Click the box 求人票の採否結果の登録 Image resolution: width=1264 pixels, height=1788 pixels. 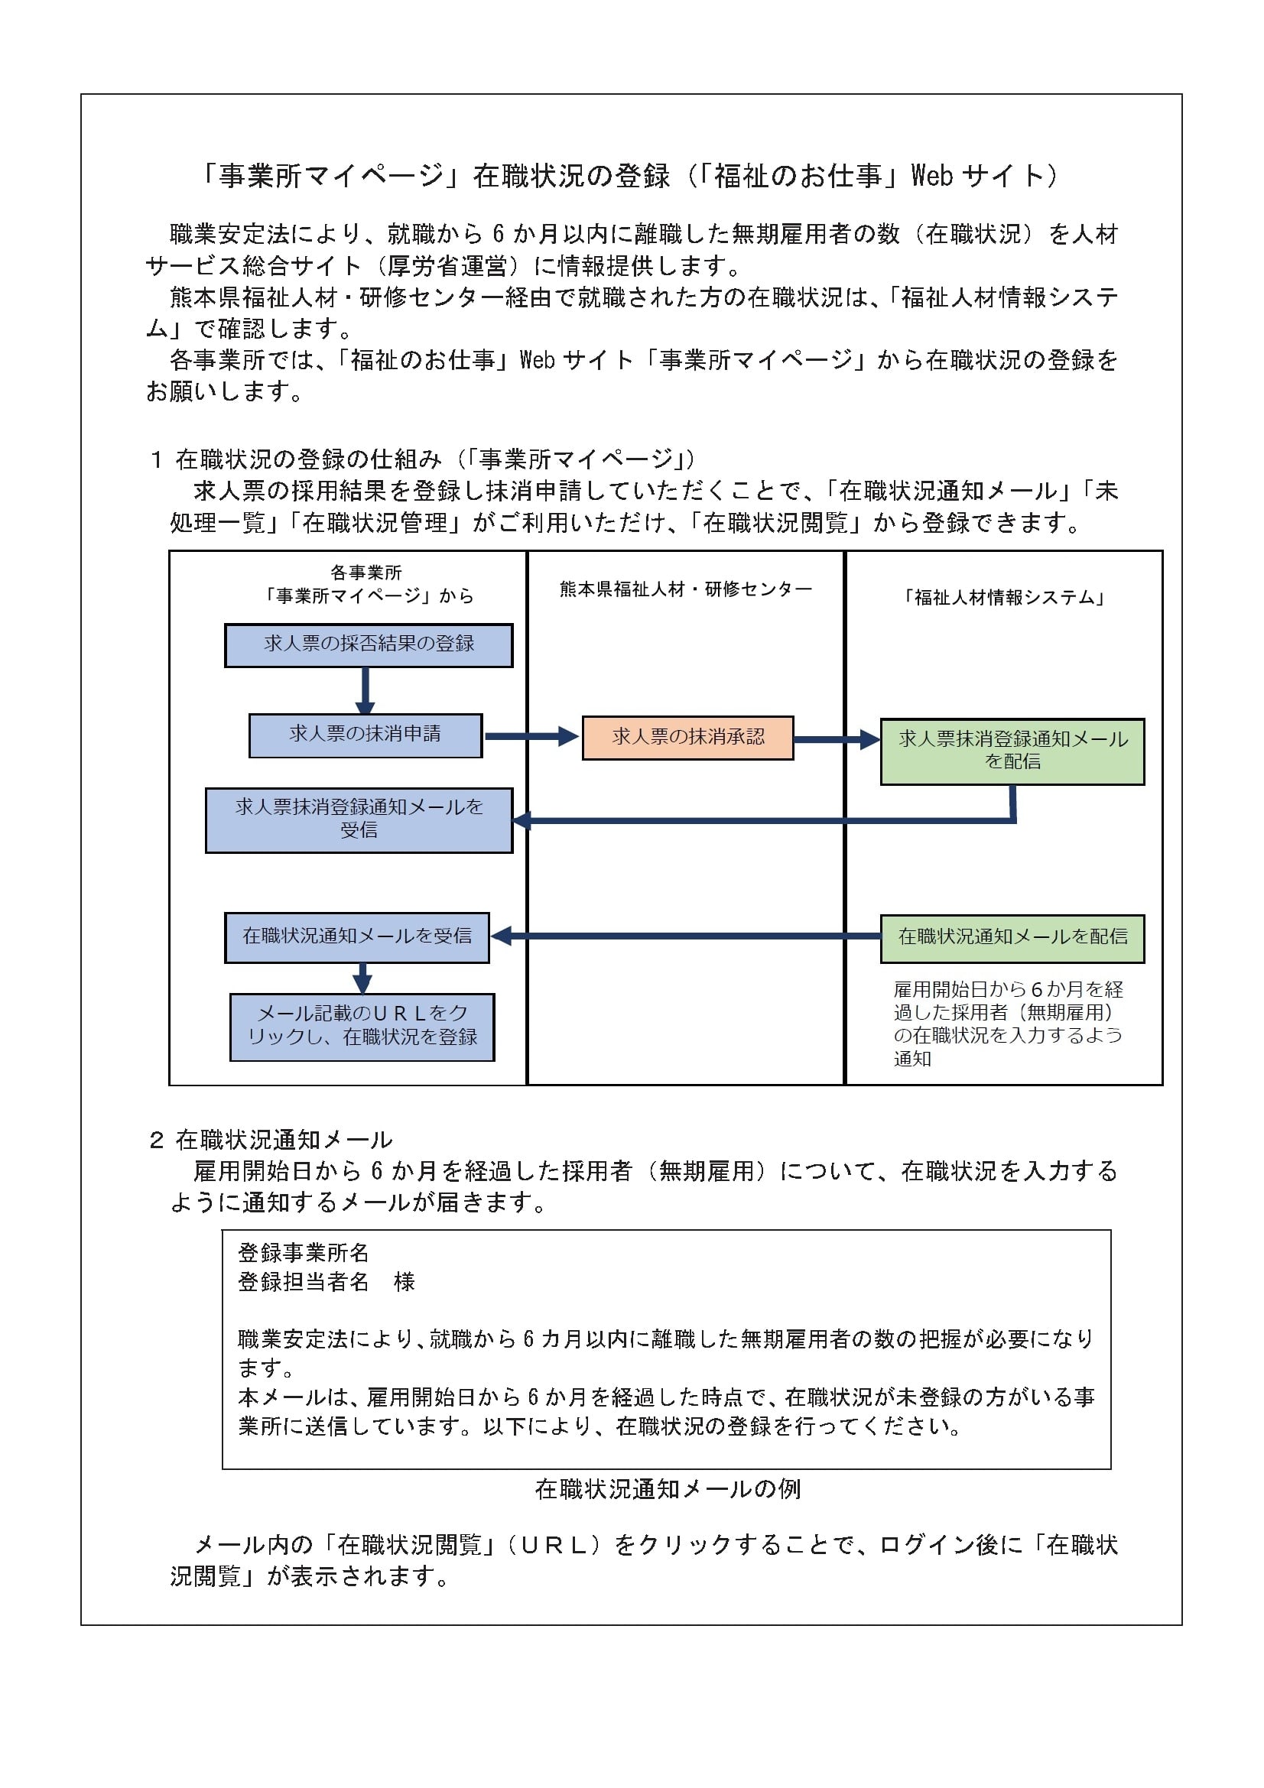click(369, 645)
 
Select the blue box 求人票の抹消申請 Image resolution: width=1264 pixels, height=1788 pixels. click(366, 735)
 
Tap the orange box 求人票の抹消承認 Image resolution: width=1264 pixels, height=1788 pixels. click(687, 738)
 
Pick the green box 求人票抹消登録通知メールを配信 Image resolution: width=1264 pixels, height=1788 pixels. click(1012, 751)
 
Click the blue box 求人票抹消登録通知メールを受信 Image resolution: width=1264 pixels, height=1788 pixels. click(359, 820)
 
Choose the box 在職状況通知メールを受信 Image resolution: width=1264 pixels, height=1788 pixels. click(356, 938)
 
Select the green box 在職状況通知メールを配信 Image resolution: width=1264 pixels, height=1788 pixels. click(1012, 939)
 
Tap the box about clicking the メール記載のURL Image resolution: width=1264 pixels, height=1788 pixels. click(362, 1027)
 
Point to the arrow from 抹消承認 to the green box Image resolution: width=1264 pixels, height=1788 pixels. click(837, 739)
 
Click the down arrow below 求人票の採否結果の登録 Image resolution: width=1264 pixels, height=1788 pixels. click(365, 691)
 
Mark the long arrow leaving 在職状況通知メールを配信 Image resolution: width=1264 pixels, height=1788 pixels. click(685, 936)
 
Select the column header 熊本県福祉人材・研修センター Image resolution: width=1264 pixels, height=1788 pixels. click(685, 589)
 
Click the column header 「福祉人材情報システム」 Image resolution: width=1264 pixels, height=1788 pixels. click(1004, 597)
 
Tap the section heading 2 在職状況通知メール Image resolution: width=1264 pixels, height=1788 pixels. click(271, 1140)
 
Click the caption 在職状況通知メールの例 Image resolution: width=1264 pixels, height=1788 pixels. click(668, 1489)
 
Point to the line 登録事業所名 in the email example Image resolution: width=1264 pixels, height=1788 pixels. click(303, 1252)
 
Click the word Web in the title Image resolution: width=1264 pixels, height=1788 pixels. click(932, 176)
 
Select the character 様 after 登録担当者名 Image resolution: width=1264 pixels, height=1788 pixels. click(405, 1281)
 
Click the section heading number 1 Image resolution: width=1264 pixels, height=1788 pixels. click(156, 459)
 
